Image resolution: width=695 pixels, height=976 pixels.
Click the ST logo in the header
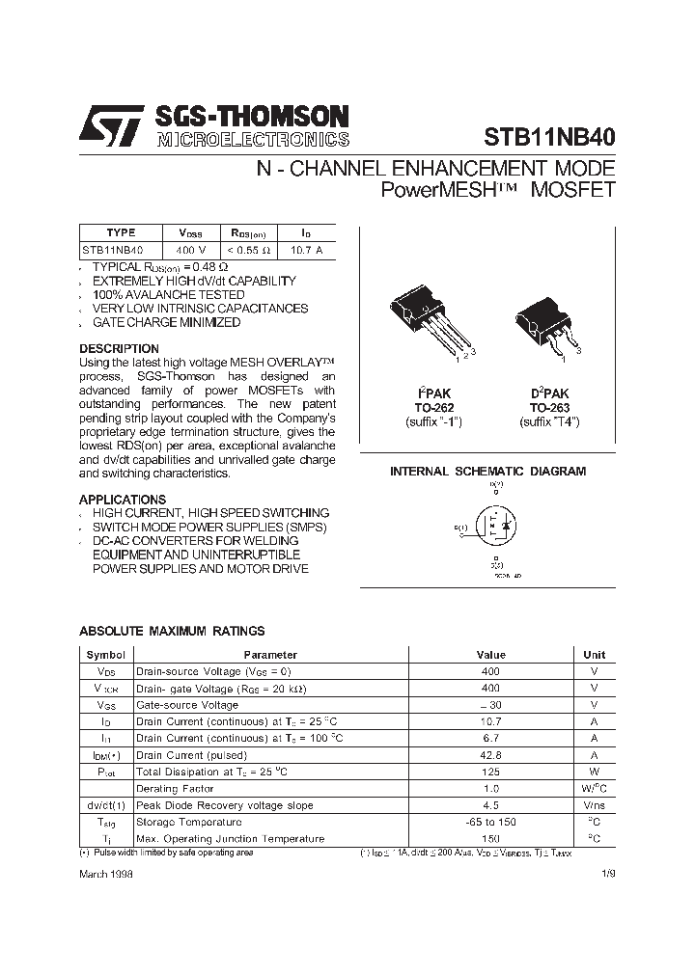pos(113,125)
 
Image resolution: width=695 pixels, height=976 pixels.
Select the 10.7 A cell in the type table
pos(306,249)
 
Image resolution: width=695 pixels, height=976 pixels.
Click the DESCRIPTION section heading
pos(119,348)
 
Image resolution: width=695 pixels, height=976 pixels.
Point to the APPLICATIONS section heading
pos(122,500)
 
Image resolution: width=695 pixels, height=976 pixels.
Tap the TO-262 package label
pos(435,408)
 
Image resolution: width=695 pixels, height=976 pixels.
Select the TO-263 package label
pos(549,408)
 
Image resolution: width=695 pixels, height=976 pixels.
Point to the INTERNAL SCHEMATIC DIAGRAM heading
pos(487,472)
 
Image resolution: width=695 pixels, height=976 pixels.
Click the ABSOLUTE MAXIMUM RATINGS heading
pos(171,631)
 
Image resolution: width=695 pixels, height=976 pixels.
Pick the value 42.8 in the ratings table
pos(490,755)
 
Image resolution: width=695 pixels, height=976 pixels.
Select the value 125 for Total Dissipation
pos(490,773)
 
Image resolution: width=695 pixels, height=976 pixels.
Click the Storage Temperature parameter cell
pos(188,823)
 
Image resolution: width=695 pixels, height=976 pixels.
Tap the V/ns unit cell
pos(594,805)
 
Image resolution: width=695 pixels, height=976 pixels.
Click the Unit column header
pos(594,655)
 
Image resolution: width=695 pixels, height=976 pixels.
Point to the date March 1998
pos(105,872)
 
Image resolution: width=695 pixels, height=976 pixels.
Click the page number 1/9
pos(607,872)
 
